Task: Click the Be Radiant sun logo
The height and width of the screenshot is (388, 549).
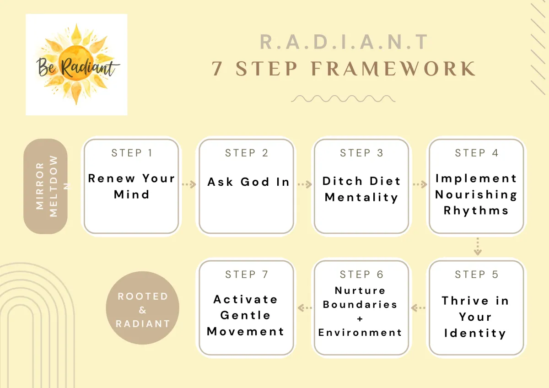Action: [x=76, y=65]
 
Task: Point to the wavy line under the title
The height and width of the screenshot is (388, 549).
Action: [x=343, y=98]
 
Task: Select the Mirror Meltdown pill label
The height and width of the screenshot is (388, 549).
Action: [x=45, y=186]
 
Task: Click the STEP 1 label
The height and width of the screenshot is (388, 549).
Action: [x=132, y=153]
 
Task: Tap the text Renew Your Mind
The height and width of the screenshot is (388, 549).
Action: [x=132, y=186]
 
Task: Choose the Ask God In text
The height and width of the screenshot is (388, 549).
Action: [x=248, y=182]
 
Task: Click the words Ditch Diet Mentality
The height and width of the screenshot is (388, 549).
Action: [x=361, y=189]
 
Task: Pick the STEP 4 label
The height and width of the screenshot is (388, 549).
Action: [x=476, y=153]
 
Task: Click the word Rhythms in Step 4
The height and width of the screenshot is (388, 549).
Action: [x=476, y=210]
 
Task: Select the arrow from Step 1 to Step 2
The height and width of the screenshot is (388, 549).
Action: [x=189, y=184]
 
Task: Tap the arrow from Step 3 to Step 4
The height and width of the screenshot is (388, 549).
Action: [x=420, y=184]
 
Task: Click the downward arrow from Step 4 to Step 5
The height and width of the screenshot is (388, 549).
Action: [x=478, y=246]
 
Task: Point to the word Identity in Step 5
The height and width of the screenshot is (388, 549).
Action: [x=475, y=334]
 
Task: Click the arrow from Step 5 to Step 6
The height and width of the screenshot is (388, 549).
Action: [x=418, y=307]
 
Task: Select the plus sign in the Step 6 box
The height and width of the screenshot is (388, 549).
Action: [x=360, y=318]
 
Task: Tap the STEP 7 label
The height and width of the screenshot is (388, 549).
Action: [x=247, y=275]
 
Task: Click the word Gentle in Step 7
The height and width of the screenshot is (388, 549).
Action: [x=245, y=315]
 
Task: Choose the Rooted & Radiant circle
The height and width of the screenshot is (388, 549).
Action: [x=142, y=307]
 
